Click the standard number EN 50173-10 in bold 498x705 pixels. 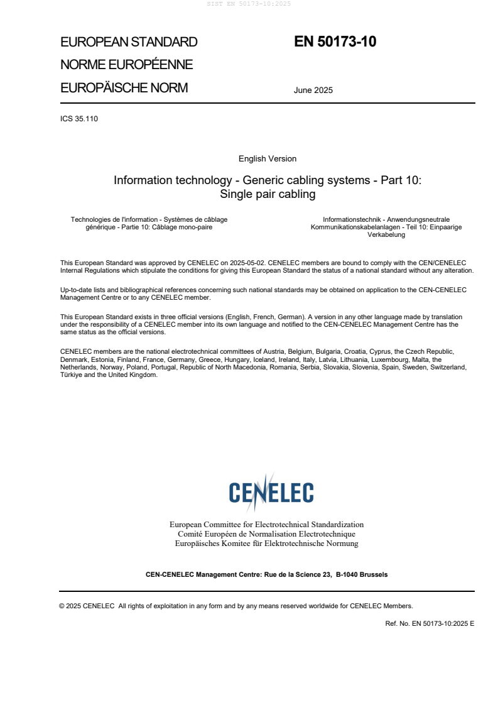[335, 42]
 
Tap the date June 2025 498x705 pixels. [313, 90]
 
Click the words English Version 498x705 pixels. [267, 158]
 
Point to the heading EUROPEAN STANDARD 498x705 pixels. [129, 42]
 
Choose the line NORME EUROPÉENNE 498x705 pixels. [126, 65]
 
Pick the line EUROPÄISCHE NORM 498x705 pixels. [124, 88]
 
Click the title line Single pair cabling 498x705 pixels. [267, 194]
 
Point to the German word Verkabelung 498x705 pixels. [386, 234]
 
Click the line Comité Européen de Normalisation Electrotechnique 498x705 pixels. [266, 534]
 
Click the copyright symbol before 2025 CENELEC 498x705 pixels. [62, 606]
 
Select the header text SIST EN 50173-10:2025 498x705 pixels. [249, 4]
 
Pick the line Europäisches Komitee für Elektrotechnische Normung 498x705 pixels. [266, 544]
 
